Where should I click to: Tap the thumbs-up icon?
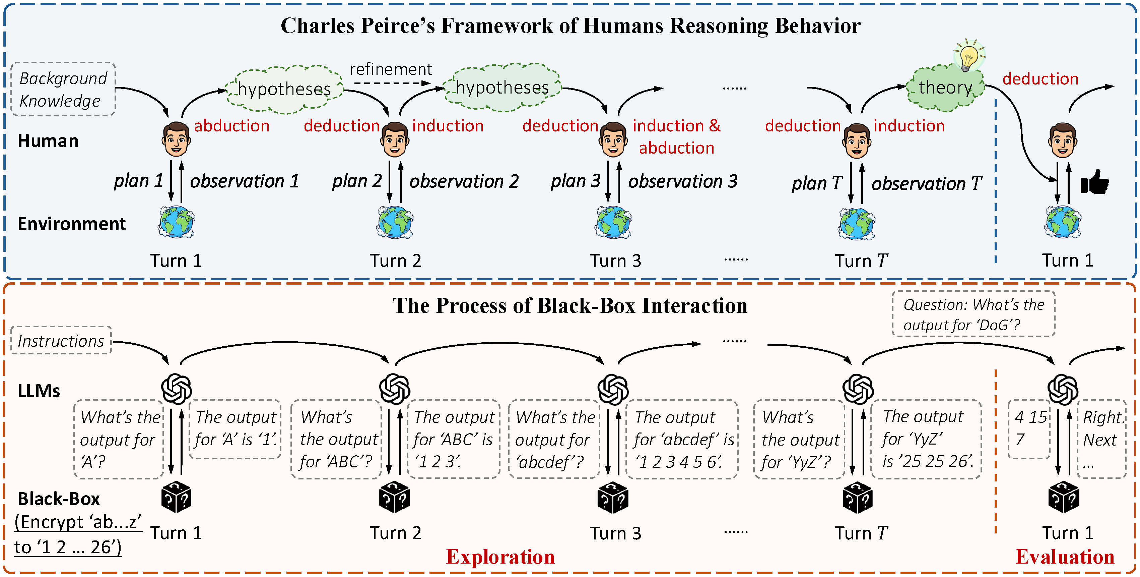pos(1094,182)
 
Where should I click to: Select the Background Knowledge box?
pos(63,89)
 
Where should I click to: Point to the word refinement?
pos(391,69)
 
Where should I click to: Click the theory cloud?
pos(945,88)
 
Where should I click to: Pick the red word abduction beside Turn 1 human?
pos(232,126)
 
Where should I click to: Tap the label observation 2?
pos(464,181)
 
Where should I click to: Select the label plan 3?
pos(575,181)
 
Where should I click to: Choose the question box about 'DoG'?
pos(974,314)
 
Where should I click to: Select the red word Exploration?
pos(500,557)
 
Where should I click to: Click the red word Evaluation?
pos(1065,557)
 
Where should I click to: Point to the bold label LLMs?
pos(39,391)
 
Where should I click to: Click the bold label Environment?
pos(72,224)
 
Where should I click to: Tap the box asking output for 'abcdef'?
pos(554,439)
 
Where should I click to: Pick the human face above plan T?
pos(857,141)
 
